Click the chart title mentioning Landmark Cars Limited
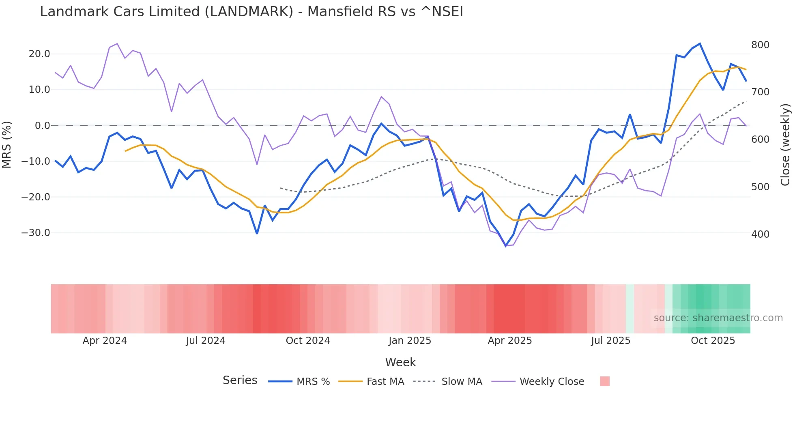click(x=251, y=12)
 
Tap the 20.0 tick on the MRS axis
click(x=39, y=54)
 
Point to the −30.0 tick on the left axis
click(x=36, y=233)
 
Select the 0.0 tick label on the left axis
click(x=43, y=126)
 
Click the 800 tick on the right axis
click(x=760, y=45)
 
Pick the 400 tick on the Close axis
click(x=760, y=234)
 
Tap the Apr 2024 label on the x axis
click(x=105, y=341)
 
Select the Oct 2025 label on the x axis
click(x=713, y=341)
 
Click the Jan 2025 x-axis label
click(x=410, y=341)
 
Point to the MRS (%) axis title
click(x=7, y=144)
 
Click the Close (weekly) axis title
click(x=786, y=144)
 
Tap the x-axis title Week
click(x=400, y=362)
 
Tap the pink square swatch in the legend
click(x=604, y=382)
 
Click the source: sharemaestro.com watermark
click(x=718, y=318)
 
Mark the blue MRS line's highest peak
click(x=700, y=44)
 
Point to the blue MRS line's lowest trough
click(x=506, y=246)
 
